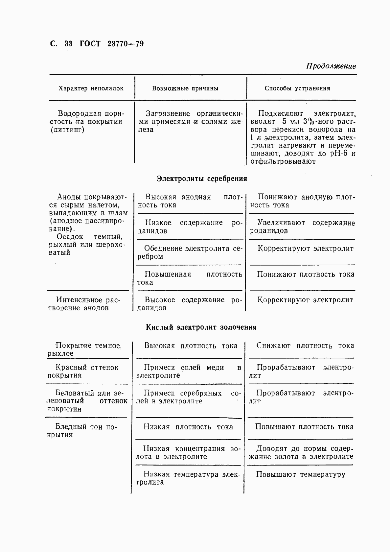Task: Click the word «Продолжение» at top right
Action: [x=331, y=66]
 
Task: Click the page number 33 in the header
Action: [x=68, y=44]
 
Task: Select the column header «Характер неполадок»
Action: [x=91, y=88]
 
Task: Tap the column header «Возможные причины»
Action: [x=185, y=88]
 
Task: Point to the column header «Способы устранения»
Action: [x=297, y=88]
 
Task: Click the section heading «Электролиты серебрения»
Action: [x=202, y=179]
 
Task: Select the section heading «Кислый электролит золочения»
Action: [x=201, y=327]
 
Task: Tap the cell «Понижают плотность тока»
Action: [x=306, y=274]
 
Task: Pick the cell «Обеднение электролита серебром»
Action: [x=190, y=252]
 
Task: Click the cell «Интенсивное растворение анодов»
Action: [x=84, y=304]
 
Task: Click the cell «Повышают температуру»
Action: [x=301, y=474]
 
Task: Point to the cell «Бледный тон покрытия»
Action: [x=82, y=431]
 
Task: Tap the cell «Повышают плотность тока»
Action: [x=304, y=427]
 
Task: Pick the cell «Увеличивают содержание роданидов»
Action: [x=302, y=227]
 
